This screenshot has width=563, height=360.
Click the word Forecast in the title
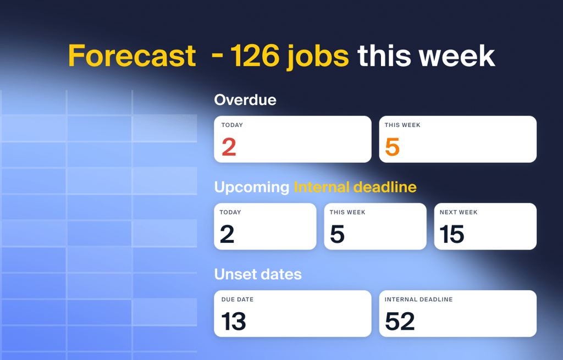click(132, 56)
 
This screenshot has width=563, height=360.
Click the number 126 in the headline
click(255, 56)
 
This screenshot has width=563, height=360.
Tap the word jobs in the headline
click(317, 57)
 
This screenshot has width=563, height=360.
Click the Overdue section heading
click(245, 100)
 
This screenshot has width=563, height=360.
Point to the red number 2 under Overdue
click(229, 147)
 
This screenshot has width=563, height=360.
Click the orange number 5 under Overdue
click(392, 147)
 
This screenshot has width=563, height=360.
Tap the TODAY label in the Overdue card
click(232, 125)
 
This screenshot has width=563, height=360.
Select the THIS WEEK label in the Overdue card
click(402, 125)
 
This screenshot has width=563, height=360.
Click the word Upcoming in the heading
click(252, 187)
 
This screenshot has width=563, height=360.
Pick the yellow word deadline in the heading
click(385, 187)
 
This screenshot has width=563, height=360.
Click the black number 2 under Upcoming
click(227, 234)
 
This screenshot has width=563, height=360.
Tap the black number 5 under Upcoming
click(337, 234)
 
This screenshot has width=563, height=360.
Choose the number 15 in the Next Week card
click(452, 234)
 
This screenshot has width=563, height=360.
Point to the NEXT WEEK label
click(459, 212)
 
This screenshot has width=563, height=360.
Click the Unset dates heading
click(258, 274)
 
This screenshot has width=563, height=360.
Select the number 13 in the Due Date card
click(233, 321)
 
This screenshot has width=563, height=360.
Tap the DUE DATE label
click(238, 300)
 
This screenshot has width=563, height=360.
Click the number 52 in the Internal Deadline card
click(400, 321)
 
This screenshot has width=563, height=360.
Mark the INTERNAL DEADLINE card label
click(418, 300)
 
